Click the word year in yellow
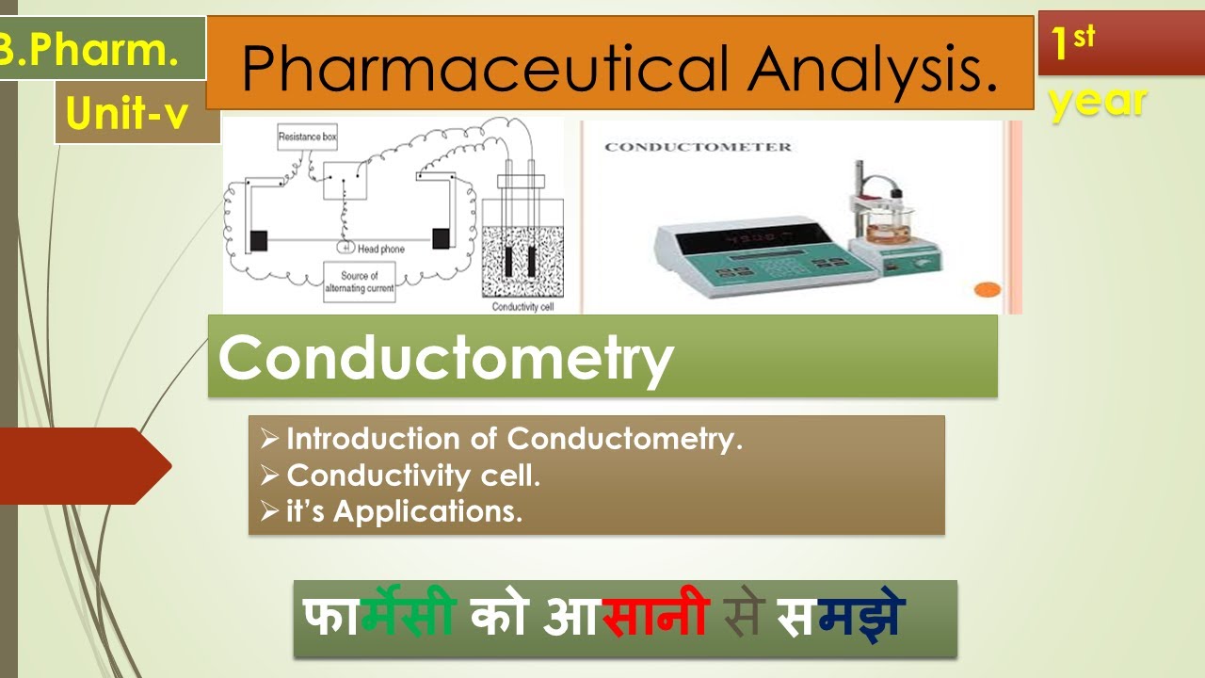tap(1098, 101)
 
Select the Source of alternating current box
tap(360, 282)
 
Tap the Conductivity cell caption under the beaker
tap(521, 307)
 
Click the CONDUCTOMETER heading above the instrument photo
tap(698, 147)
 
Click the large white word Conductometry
tap(446, 358)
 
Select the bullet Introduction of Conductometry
tap(514, 439)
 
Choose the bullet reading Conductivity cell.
tap(413, 476)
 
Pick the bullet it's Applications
tap(404, 512)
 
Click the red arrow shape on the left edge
tap(85, 465)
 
